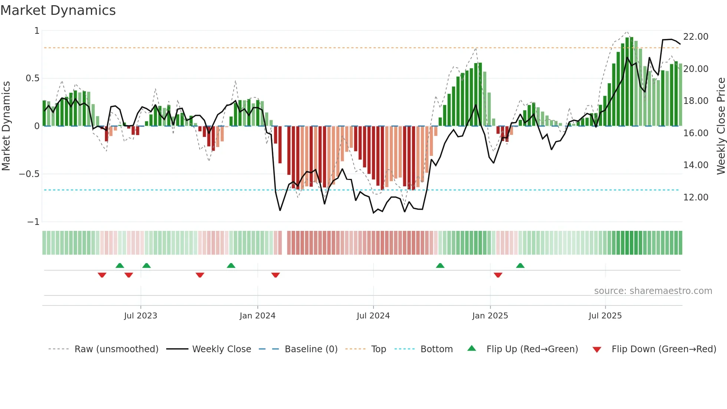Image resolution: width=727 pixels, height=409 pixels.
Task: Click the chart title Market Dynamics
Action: coord(58,10)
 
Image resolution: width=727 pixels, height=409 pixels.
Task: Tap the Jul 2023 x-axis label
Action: coord(141,315)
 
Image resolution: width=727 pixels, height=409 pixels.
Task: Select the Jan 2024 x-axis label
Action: coord(257,315)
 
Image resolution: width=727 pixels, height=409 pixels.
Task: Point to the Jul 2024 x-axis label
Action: coord(373,315)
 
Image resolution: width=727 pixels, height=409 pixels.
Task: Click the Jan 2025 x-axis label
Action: coord(490,315)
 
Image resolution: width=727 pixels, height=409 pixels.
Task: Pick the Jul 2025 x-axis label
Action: coord(605,315)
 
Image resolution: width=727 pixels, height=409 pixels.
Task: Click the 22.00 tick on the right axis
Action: coord(695,36)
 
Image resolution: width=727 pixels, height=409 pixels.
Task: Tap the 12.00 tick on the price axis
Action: coord(695,197)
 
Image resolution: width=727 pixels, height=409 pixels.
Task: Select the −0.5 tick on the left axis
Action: coord(29,174)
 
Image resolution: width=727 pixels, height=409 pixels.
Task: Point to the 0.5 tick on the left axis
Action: coord(32,78)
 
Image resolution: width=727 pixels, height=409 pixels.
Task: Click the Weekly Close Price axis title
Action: coord(721,126)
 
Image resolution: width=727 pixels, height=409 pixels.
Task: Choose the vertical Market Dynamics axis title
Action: coord(6,126)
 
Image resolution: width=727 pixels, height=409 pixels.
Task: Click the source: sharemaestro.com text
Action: coord(653,291)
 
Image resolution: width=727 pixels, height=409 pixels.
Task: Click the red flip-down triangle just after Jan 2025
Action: coord(498,275)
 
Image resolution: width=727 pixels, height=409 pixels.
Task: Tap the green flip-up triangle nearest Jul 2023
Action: coord(147,265)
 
